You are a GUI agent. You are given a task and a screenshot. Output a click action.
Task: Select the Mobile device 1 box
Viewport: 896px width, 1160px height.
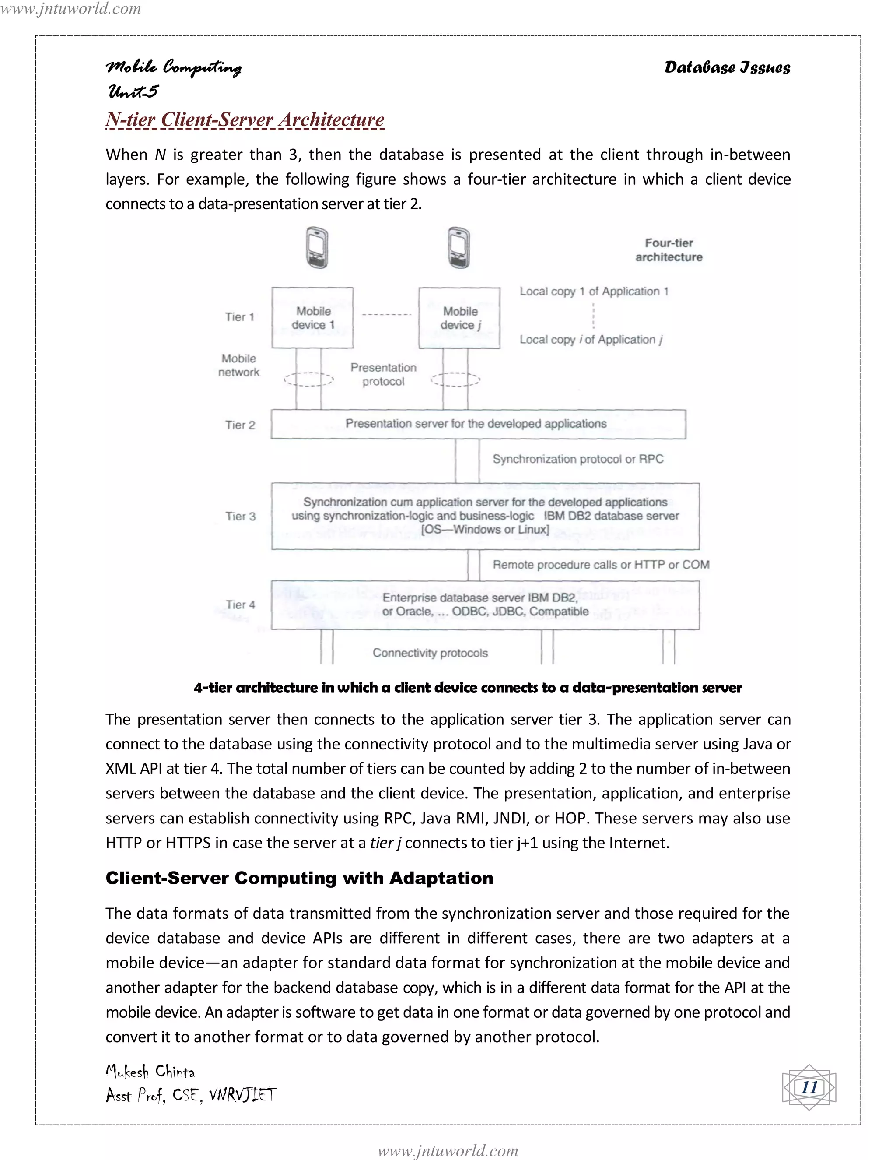[x=313, y=318]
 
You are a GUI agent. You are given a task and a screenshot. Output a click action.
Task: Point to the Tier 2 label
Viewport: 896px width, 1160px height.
[x=240, y=425]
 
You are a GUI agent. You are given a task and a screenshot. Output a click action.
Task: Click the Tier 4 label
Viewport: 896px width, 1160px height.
[x=241, y=605]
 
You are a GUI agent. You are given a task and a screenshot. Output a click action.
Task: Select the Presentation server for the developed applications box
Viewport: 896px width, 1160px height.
[x=478, y=424]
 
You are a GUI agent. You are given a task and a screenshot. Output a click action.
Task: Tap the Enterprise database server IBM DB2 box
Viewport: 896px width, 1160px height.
[x=485, y=605]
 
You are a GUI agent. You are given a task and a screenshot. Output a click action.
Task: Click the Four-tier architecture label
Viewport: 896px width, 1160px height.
[x=669, y=250]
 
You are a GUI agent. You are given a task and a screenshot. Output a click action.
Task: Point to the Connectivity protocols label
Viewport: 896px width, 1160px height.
[x=430, y=653]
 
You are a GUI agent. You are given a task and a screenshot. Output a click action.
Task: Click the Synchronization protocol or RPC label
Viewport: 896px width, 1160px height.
[x=577, y=459]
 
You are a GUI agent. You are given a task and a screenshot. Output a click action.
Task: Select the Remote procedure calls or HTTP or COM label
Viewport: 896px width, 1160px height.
[x=600, y=565]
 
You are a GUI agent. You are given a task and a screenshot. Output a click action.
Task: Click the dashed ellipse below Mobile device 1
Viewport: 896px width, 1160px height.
[x=308, y=379]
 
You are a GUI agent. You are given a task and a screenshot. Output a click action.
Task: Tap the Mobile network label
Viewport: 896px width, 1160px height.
[x=239, y=366]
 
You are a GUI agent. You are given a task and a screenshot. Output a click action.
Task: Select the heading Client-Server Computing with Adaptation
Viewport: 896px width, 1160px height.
[x=299, y=878]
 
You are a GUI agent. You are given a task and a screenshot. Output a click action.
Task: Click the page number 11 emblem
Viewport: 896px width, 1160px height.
[x=808, y=1087]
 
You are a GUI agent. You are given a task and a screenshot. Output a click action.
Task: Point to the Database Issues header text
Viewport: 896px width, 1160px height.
[x=727, y=67]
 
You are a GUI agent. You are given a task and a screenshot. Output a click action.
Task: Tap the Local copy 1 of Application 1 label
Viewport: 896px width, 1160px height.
[x=593, y=291]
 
